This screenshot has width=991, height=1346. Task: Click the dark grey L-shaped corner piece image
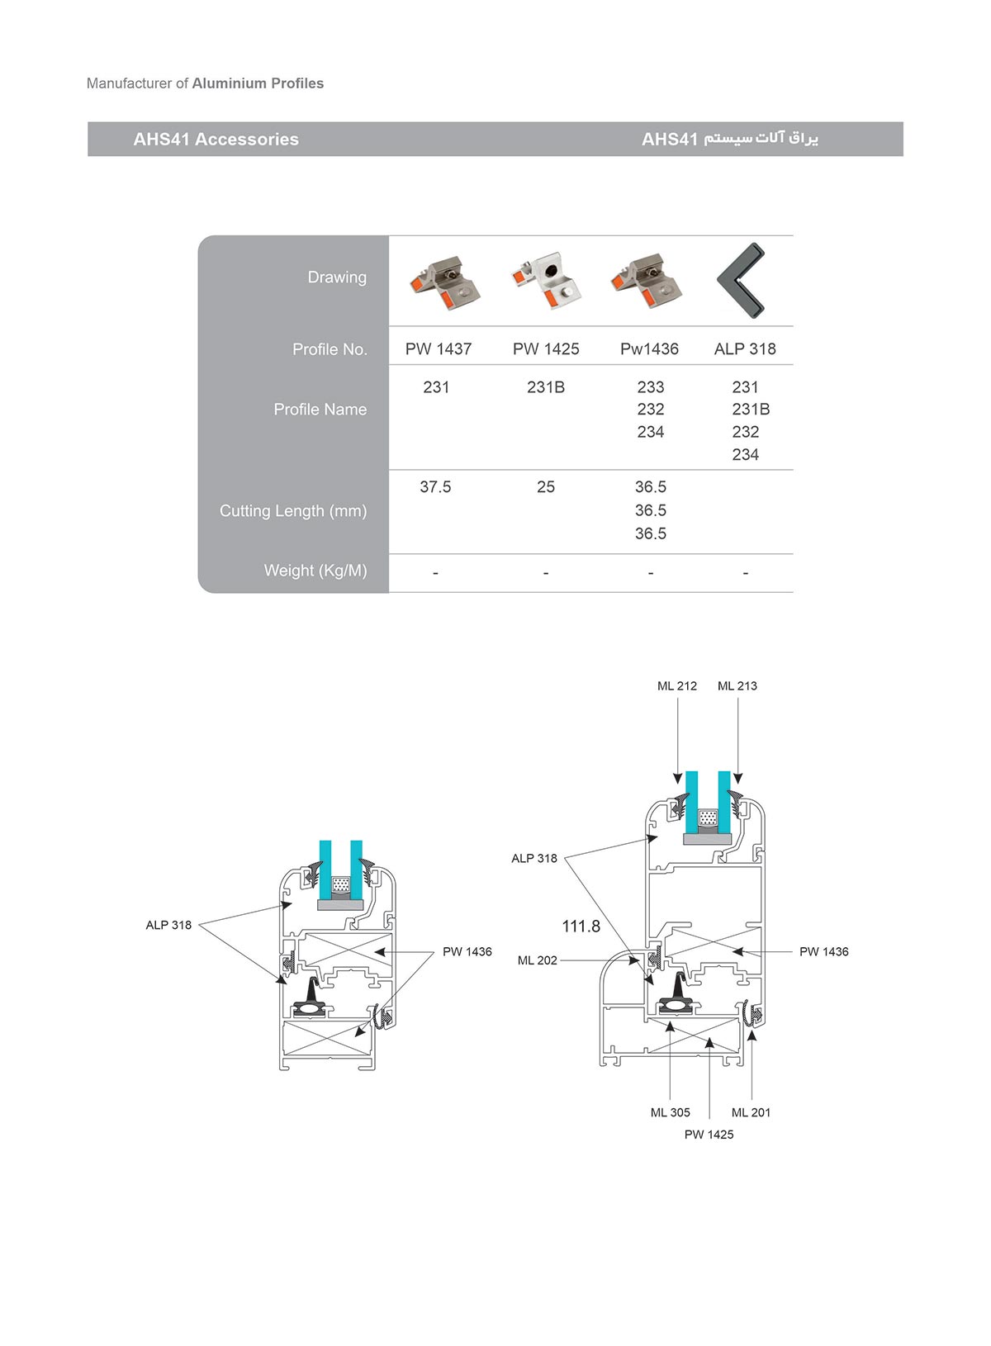click(741, 281)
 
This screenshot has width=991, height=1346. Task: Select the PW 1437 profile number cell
click(438, 349)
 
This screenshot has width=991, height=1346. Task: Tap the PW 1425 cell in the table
click(545, 349)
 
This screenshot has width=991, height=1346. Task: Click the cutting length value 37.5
click(435, 487)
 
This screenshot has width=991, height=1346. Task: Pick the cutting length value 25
click(545, 487)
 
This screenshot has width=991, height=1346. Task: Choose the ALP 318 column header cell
click(745, 349)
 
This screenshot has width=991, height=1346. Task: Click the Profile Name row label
click(320, 410)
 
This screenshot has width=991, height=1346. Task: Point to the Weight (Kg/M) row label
click(315, 571)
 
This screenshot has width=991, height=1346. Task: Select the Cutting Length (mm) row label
click(292, 511)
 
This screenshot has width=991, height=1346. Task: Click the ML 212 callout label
click(676, 686)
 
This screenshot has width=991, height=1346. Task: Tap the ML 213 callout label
click(737, 686)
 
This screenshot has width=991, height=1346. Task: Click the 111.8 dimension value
click(581, 927)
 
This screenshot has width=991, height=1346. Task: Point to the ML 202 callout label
click(537, 960)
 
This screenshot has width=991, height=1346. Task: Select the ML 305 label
click(670, 1112)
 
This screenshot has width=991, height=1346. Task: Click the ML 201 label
click(751, 1112)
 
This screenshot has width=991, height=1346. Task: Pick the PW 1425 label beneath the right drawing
click(709, 1135)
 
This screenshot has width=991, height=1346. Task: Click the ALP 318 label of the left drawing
click(168, 926)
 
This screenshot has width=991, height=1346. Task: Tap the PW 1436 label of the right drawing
click(823, 952)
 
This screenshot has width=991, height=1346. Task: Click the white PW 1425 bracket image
click(547, 281)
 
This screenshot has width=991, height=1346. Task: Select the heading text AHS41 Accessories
click(216, 140)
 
